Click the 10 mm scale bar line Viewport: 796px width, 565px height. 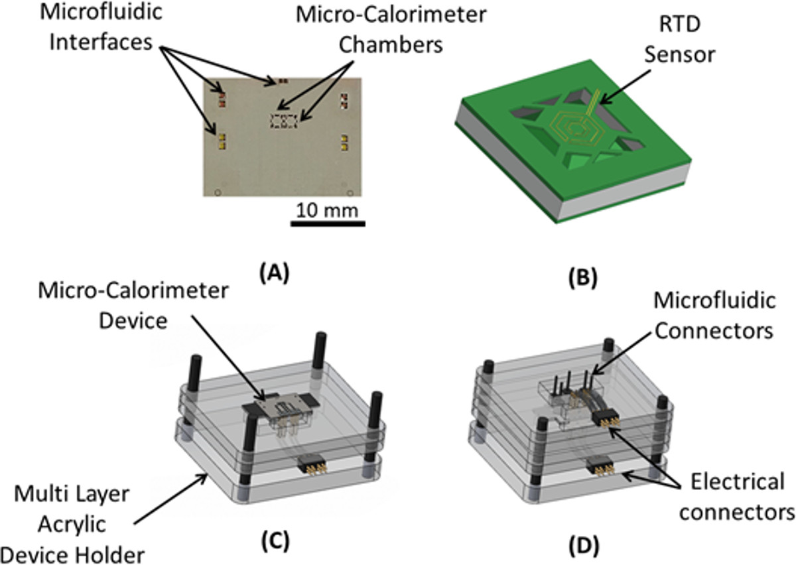click(x=328, y=223)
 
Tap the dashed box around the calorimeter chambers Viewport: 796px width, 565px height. click(x=285, y=120)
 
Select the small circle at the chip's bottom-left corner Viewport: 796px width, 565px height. click(x=218, y=193)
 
